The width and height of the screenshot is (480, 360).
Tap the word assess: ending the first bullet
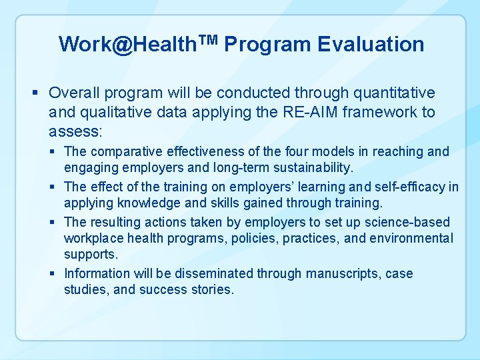[x=75, y=130]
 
